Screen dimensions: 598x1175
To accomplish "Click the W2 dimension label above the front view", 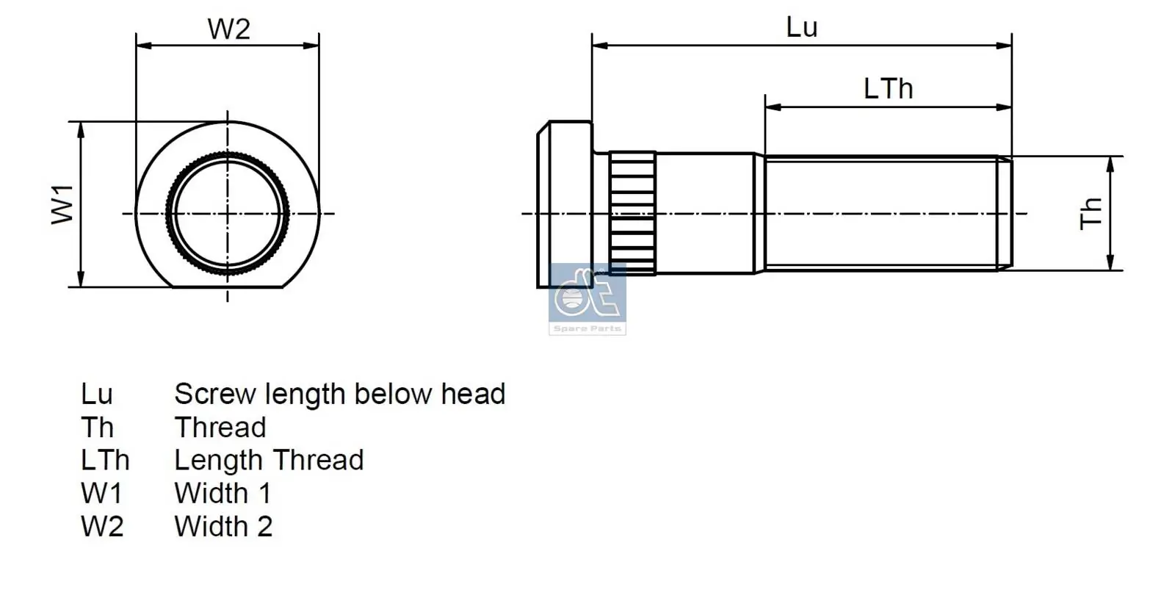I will tap(229, 29).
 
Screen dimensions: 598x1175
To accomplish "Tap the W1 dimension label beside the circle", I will tap(63, 204).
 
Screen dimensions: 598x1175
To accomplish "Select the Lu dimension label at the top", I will tap(801, 28).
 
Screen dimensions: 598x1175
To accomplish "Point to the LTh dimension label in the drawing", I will tap(888, 89).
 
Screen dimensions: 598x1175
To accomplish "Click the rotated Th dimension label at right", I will tap(1091, 213).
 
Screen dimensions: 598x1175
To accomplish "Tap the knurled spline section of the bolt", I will tap(632, 212).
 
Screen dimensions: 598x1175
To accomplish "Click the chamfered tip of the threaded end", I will tap(1004, 213).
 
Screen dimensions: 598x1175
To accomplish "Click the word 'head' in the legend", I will tap(473, 395).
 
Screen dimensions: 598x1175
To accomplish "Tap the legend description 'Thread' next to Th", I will tap(220, 428).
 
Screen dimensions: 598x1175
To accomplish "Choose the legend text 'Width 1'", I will tap(223, 493).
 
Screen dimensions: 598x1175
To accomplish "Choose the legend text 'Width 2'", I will tap(223, 527).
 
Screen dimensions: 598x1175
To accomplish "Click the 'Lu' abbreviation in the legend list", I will tap(96, 395).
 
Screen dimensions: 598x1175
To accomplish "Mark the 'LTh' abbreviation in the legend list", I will tap(105, 461).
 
